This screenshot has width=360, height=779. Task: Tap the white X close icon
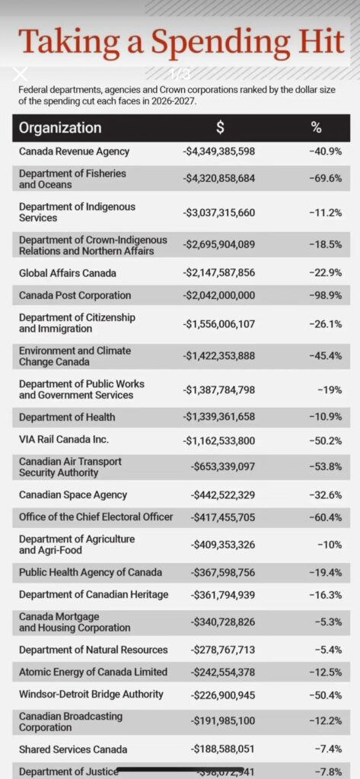(x=21, y=74)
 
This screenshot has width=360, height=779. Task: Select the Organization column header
(x=60, y=128)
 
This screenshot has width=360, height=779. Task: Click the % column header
(x=316, y=128)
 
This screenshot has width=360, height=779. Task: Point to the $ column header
(x=220, y=128)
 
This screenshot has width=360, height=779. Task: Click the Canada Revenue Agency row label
(x=74, y=151)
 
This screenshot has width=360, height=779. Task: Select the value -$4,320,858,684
(x=219, y=179)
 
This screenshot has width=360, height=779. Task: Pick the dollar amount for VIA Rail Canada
(x=219, y=440)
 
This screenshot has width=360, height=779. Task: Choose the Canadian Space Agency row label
(x=73, y=495)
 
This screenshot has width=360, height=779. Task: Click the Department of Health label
(x=67, y=417)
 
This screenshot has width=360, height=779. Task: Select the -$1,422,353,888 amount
(x=219, y=356)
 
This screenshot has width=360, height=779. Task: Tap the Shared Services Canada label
(x=73, y=749)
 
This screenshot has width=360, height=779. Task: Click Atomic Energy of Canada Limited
(x=93, y=672)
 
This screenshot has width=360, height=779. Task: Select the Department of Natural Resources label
(x=93, y=650)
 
